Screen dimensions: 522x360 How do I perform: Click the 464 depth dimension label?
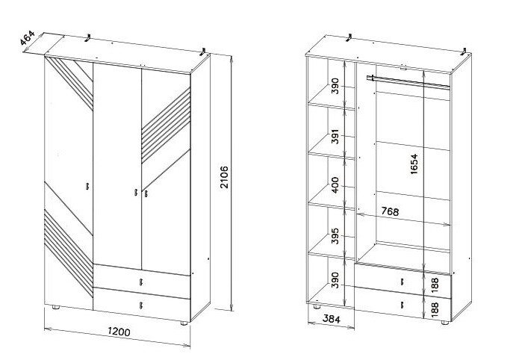click(27, 37)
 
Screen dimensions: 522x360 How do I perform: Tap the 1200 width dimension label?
click(119, 332)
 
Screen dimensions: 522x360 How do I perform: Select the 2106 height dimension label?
click(225, 177)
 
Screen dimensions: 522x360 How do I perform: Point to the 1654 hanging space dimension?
click(414, 164)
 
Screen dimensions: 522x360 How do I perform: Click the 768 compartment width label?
click(390, 211)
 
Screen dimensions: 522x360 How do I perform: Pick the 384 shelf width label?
click(332, 319)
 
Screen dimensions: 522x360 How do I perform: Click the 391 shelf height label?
click(335, 137)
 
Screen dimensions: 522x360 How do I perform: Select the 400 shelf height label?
click(335, 184)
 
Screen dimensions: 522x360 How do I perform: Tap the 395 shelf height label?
click(335, 236)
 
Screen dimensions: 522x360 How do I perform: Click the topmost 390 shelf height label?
click(335, 86)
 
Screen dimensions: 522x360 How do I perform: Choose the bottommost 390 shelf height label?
click(335, 280)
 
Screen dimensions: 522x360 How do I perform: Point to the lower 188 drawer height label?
click(435, 309)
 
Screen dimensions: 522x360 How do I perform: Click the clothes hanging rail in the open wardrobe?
click(408, 82)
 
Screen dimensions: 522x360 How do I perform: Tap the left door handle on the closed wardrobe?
click(87, 186)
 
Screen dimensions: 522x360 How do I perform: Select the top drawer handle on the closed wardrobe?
click(141, 282)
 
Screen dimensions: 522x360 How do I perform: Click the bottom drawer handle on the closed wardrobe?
click(141, 305)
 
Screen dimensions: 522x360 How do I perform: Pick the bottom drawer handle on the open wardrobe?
click(403, 305)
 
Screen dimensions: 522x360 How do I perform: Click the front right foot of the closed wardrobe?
click(184, 323)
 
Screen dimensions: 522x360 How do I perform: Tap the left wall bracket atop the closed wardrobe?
click(88, 37)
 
